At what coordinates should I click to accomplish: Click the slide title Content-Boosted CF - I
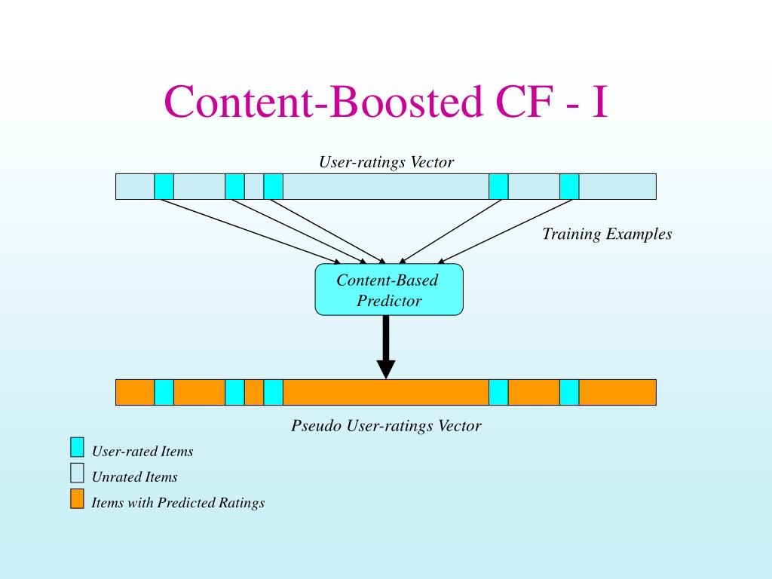(386, 102)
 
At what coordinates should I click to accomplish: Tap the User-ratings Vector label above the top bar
(386, 161)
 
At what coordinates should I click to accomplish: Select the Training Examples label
(607, 234)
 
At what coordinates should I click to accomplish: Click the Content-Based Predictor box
(389, 289)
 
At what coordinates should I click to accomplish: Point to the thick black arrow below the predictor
(386, 347)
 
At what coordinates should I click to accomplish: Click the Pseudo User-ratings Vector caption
(386, 425)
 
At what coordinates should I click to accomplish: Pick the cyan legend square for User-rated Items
(77, 447)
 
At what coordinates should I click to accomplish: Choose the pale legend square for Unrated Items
(77, 473)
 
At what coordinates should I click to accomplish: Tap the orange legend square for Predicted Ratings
(77, 498)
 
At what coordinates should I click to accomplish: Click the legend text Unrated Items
(134, 476)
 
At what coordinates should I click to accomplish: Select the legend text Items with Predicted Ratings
(178, 502)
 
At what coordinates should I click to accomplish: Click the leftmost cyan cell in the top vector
(164, 187)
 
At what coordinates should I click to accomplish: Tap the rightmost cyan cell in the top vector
(569, 187)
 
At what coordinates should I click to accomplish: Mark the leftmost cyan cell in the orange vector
(164, 392)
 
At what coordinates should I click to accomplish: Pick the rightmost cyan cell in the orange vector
(569, 392)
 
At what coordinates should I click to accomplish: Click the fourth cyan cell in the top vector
(498, 187)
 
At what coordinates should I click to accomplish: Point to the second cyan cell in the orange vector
(235, 392)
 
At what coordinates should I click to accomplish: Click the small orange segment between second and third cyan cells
(254, 392)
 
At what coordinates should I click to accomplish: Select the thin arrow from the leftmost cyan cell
(251, 231)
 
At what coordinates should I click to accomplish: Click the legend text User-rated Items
(142, 451)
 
